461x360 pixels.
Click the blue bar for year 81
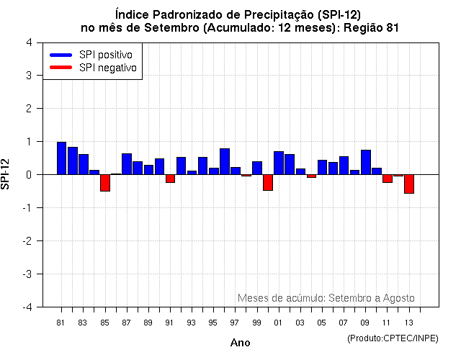[x=62, y=158]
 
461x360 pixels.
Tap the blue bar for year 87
[x=127, y=164]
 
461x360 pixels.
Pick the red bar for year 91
[x=170, y=179]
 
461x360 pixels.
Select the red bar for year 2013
[x=409, y=184]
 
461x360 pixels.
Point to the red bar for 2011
[x=388, y=179]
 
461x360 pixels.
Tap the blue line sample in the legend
[x=61, y=55]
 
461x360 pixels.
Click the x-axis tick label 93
[x=191, y=322]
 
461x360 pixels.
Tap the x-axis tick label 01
[x=278, y=322]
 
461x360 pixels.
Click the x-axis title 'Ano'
[x=240, y=343]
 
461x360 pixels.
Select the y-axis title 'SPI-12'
[x=7, y=174]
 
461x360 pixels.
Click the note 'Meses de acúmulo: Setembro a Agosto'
[x=326, y=298]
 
